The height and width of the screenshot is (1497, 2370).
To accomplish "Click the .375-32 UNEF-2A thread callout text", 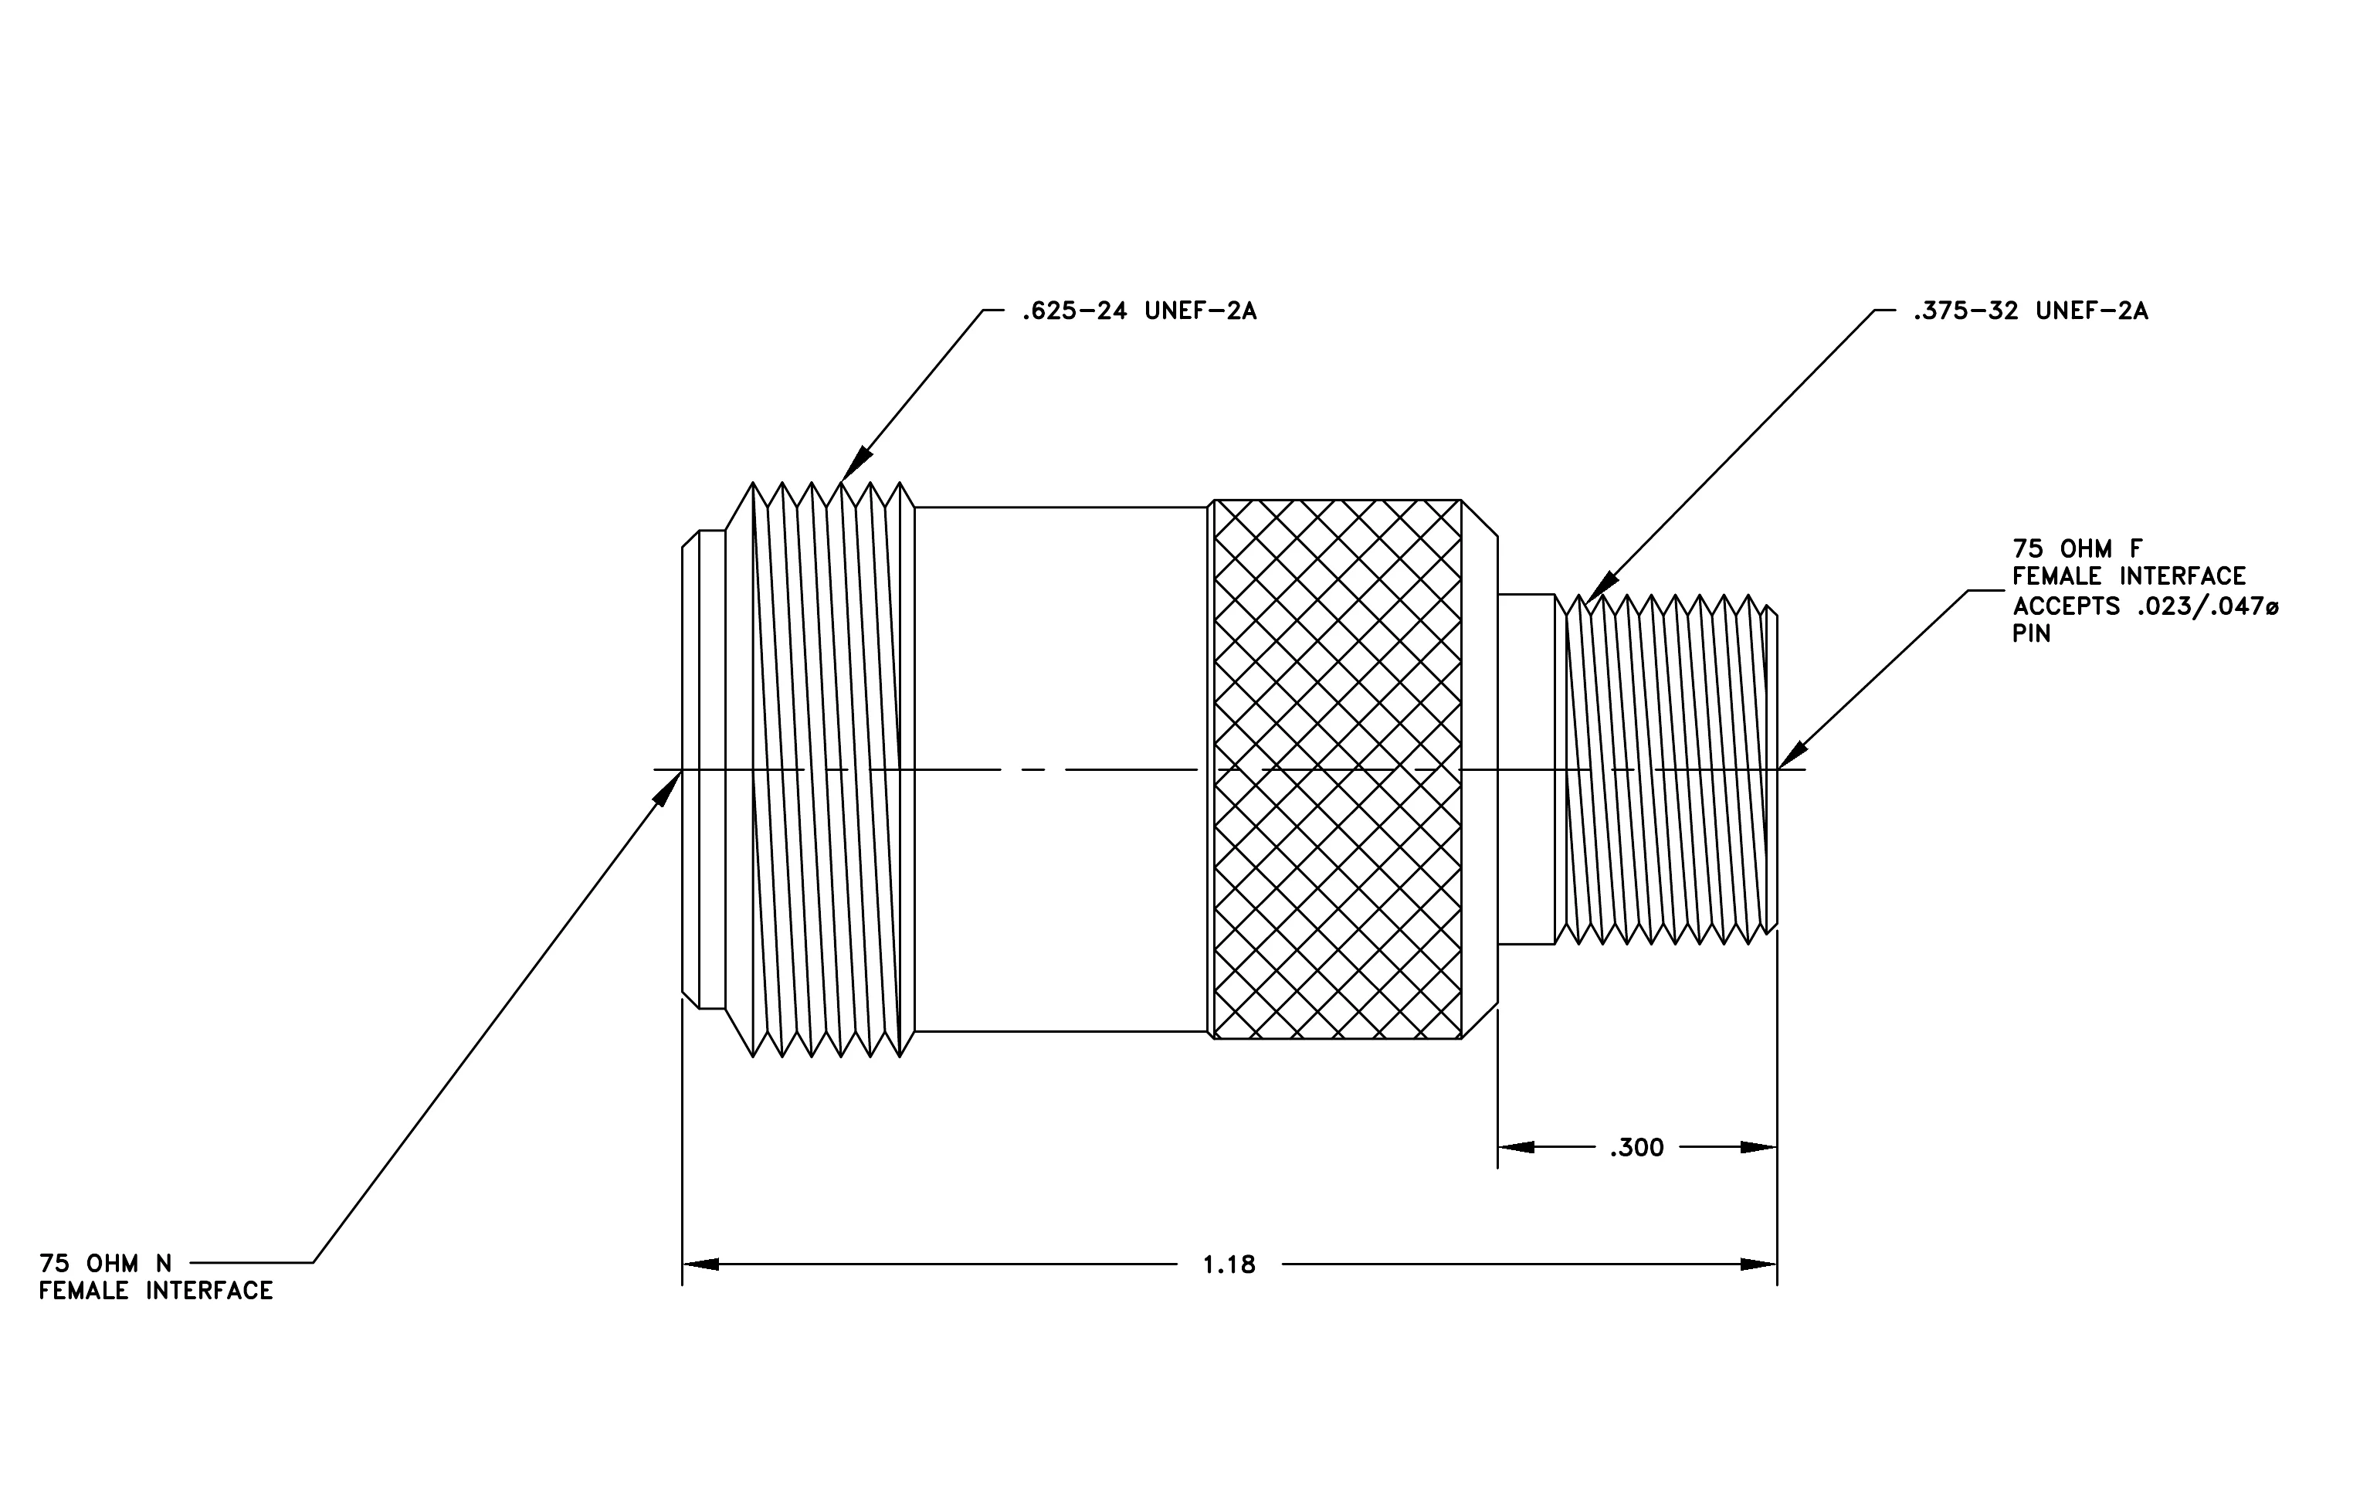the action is [2030, 312].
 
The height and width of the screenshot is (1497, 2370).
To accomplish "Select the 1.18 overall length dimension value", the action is [1229, 1264].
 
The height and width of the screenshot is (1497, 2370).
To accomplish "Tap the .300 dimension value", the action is [1636, 1148].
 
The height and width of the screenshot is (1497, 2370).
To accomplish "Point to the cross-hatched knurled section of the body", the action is [1338, 769].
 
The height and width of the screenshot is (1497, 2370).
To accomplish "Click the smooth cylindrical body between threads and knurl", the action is [1061, 769].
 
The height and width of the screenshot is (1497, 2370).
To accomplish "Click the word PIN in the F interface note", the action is [2032, 634].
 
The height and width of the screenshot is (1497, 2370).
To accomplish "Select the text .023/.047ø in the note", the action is [2208, 606].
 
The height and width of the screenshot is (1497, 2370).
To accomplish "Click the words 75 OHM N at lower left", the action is [105, 1264].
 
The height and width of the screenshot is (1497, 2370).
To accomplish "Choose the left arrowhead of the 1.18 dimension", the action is [700, 1264].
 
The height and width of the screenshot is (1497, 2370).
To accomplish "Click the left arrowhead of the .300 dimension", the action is [1516, 1148].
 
